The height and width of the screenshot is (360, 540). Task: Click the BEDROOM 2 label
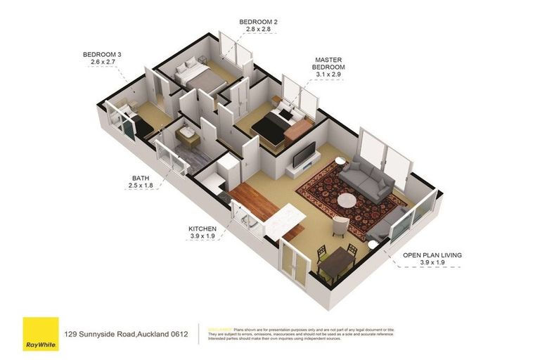[x=258, y=22]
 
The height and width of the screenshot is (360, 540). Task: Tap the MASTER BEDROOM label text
[x=328, y=63]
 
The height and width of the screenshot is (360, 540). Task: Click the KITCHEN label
[x=202, y=229]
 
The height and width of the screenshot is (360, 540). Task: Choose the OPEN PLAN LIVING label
[x=432, y=255]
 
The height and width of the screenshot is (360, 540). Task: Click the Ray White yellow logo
[x=40, y=333]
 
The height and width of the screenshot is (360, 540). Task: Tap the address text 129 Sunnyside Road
[x=127, y=334]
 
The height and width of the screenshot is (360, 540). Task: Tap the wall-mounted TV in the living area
[x=304, y=155]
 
